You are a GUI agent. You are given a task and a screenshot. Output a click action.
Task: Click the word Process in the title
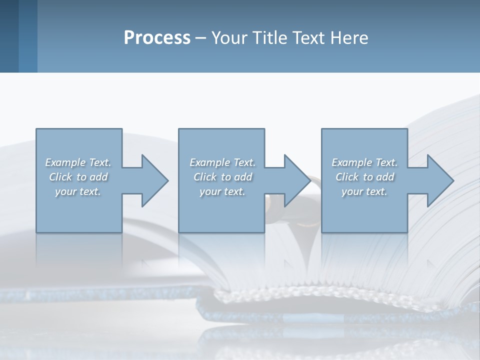[157, 38]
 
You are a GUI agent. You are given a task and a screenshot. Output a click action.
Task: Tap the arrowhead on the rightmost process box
[439, 180]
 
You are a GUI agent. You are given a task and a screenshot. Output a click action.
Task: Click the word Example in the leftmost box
[65, 162]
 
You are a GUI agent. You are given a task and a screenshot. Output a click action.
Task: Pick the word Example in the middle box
[209, 162]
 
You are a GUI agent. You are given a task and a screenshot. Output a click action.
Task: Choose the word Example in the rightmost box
[351, 162]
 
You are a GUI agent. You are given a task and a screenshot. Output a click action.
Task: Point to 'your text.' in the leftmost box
[78, 191]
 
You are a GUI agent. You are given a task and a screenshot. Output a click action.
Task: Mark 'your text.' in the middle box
[222, 191]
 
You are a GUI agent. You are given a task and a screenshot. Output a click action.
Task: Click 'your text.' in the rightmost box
[364, 191]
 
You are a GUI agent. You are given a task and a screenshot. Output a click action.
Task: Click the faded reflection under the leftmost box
[78, 250]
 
